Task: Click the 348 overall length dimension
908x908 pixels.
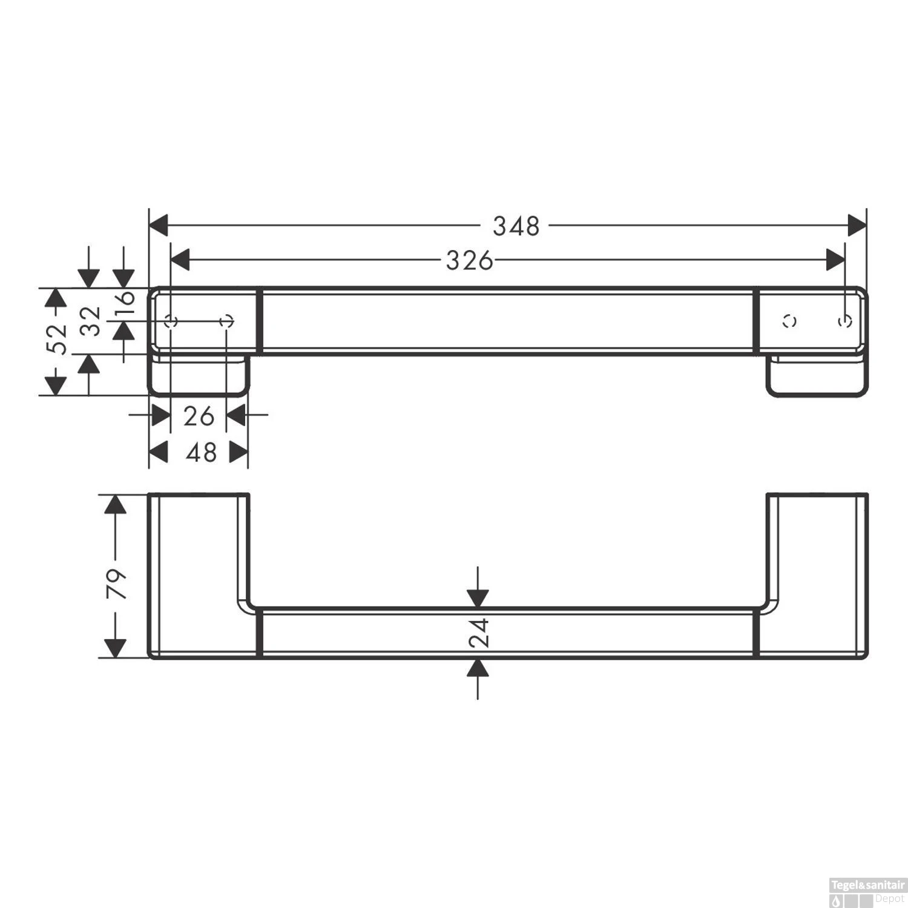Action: pyautogui.click(x=515, y=226)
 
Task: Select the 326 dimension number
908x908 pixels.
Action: pyautogui.click(x=469, y=261)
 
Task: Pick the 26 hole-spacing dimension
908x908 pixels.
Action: pyautogui.click(x=199, y=416)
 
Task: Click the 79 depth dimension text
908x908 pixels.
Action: pyautogui.click(x=116, y=584)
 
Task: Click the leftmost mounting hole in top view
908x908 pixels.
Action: pyautogui.click(x=171, y=321)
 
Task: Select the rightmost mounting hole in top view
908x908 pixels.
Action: pyautogui.click(x=845, y=321)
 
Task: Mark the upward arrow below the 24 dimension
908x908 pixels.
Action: pyautogui.click(x=478, y=668)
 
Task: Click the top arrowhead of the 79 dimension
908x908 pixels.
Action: pyautogui.click(x=116, y=504)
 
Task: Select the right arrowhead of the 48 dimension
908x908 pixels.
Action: pyautogui.click(x=239, y=452)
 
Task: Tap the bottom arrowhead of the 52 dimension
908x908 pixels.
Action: pyautogui.click(x=56, y=385)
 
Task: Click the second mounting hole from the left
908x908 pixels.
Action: pyautogui.click(x=226, y=321)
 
